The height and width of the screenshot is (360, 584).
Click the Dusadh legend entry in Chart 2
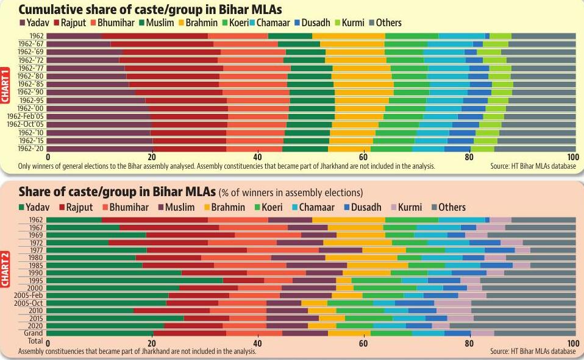(x=363, y=207)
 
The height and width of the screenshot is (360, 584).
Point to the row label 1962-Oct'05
(x=25, y=124)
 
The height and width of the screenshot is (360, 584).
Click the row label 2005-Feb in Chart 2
(x=29, y=295)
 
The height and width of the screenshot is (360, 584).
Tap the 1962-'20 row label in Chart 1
(x=30, y=148)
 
